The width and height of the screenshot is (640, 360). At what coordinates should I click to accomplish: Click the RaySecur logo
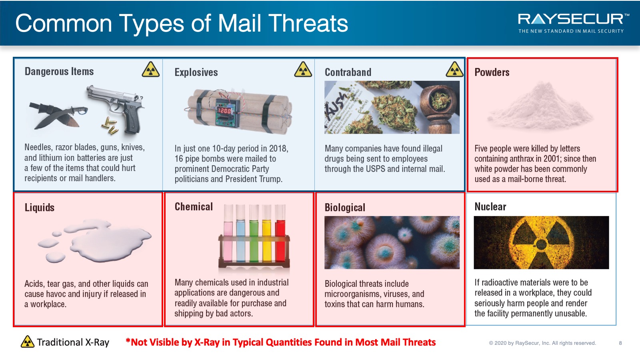tap(573, 23)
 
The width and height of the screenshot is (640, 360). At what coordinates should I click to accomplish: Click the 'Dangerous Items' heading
tap(59, 71)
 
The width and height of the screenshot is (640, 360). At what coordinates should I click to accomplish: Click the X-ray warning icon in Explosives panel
tap(303, 69)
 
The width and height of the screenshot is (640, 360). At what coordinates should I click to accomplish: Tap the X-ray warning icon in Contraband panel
tap(454, 69)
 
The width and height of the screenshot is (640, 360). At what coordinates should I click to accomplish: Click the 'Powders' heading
tap(492, 72)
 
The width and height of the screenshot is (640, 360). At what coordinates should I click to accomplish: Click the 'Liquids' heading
tap(40, 207)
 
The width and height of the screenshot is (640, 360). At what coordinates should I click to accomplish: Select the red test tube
tap(280, 233)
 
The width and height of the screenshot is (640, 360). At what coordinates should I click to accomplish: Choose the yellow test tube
tap(267, 233)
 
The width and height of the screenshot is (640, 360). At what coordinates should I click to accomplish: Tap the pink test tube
tap(228, 233)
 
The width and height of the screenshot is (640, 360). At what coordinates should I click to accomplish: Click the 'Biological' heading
tap(345, 208)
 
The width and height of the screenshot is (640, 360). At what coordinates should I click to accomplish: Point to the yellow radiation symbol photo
tap(541, 242)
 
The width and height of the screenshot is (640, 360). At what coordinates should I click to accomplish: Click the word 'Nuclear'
tap(490, 206)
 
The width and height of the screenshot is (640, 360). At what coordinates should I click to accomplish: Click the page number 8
tap(620, 343)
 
